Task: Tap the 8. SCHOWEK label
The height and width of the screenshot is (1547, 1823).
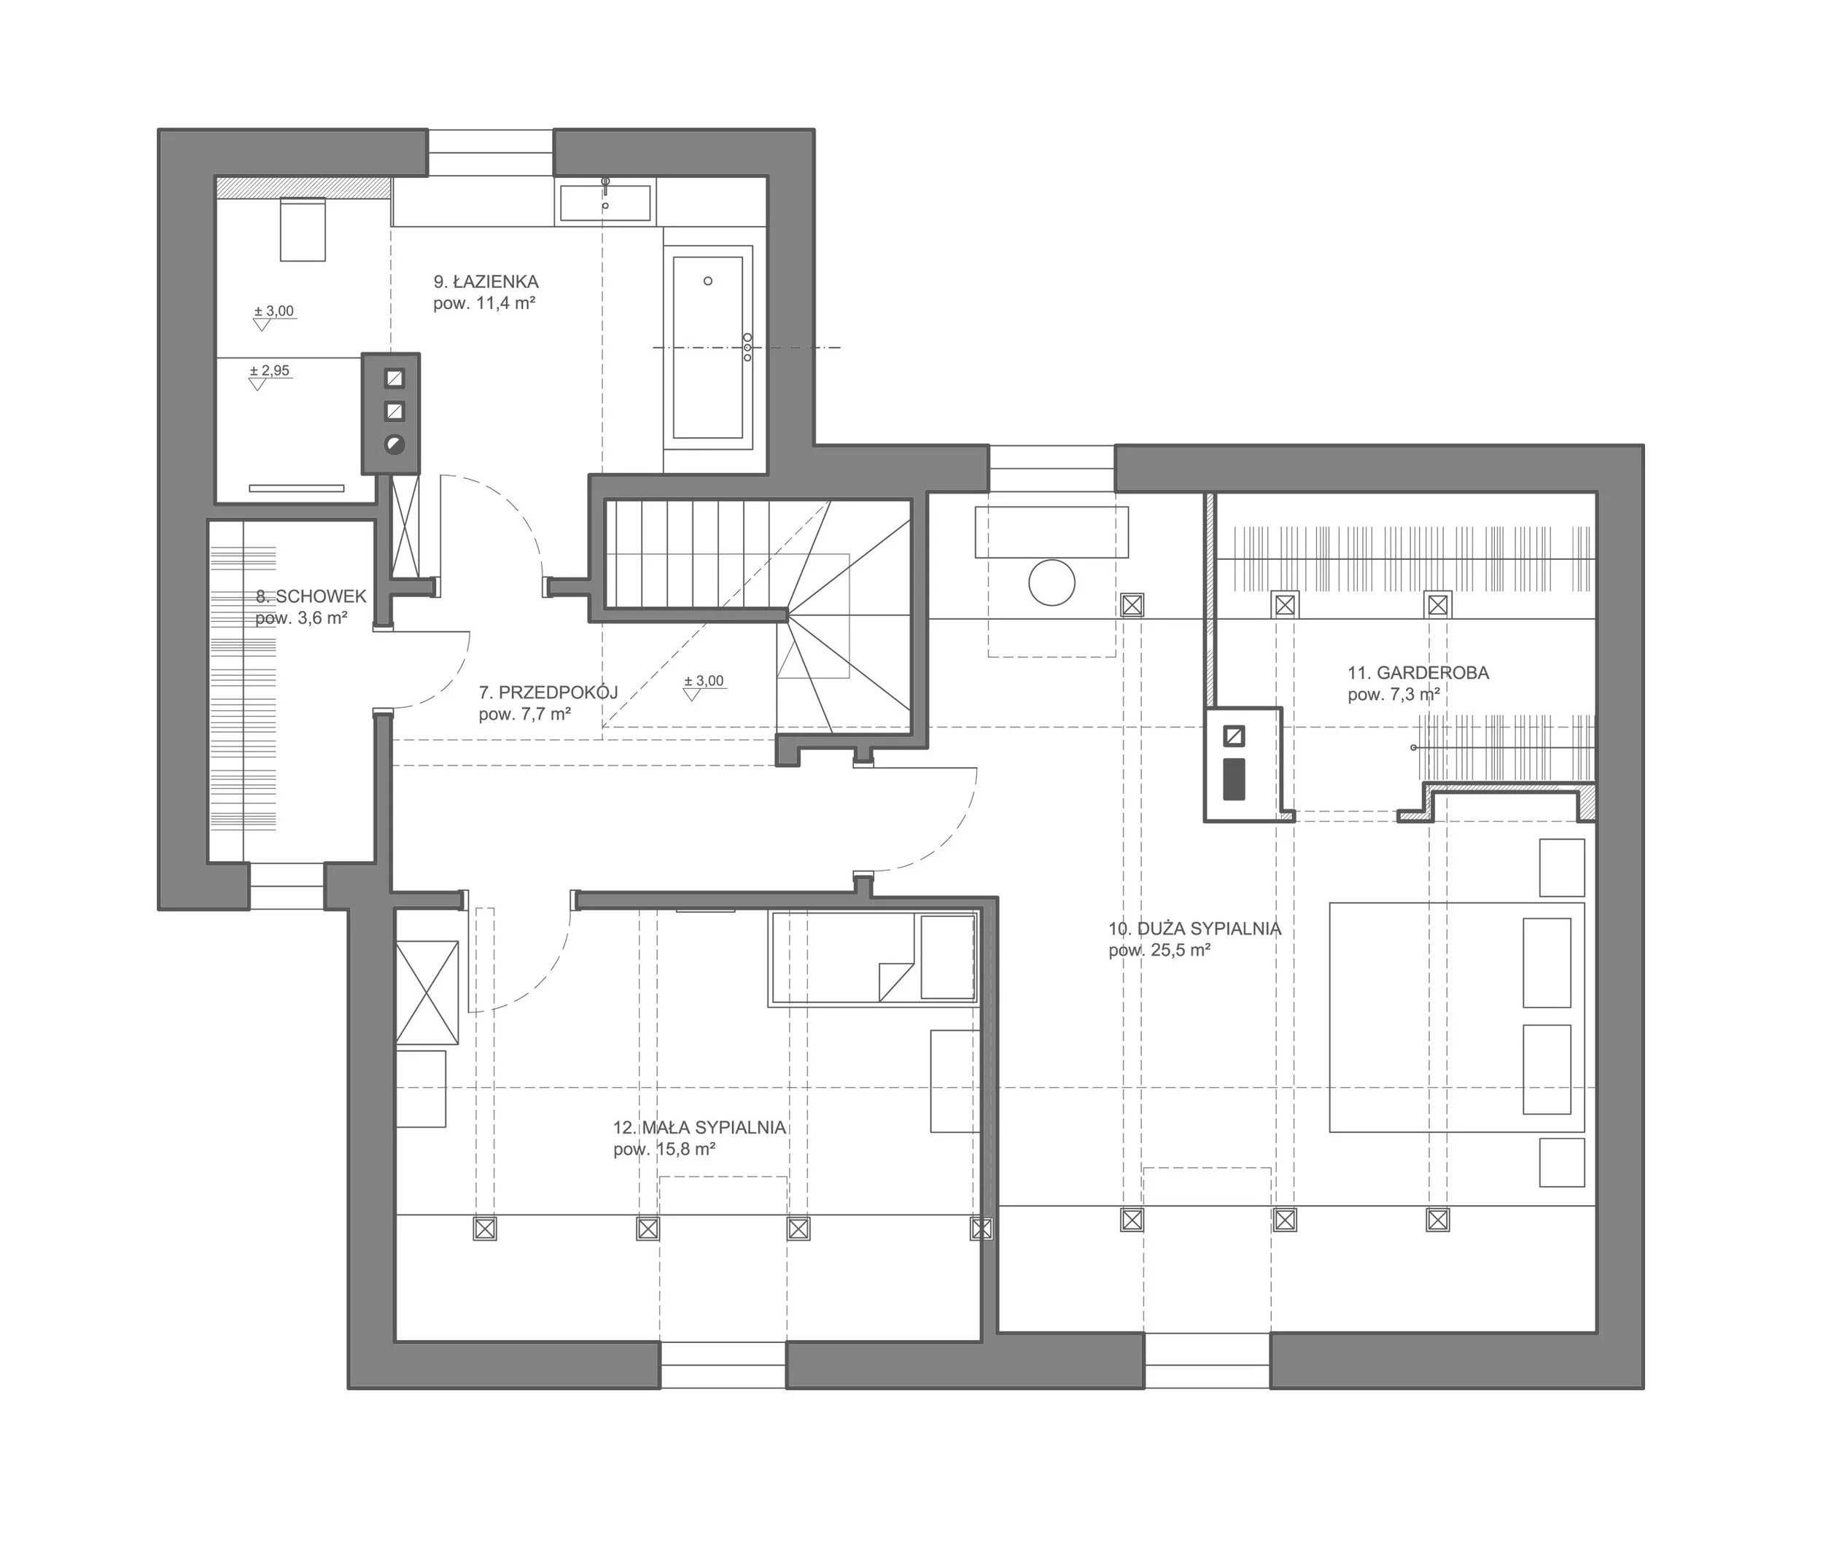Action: pos(311,596)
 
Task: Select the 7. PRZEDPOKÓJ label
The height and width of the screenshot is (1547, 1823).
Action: pos(548,692)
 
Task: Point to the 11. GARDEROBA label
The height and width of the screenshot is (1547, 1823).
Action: pos(1418,673)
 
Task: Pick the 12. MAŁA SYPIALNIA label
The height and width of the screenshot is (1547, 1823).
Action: pos(699,1128)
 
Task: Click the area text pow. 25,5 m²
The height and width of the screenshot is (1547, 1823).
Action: pos(1159,951)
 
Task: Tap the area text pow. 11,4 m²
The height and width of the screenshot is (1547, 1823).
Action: pos(484,303)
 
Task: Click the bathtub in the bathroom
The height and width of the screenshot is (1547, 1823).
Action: pos(708,347)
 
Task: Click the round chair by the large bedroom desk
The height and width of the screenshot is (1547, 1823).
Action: pos(1052,582)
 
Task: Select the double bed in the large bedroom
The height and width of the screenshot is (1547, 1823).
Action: pos(1456,1017)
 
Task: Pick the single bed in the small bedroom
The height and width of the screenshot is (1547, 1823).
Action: pos(873,959)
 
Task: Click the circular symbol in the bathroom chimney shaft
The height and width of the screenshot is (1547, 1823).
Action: pos(394,444)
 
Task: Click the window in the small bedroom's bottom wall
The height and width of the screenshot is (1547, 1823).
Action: pos(723,1365)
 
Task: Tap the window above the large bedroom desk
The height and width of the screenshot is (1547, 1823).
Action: pos(1052,467)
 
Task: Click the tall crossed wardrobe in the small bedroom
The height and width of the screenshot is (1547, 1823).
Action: pos(427,992)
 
